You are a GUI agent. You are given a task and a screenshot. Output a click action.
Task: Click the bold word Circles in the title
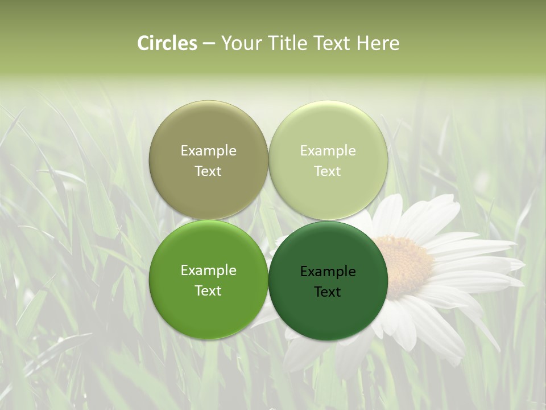coord(167,43)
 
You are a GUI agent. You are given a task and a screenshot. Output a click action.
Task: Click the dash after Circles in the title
coord(209,43)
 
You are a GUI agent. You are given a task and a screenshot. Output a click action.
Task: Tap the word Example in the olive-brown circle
coord(208,151)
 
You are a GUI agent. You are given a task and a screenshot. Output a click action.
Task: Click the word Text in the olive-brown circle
coord(208,171)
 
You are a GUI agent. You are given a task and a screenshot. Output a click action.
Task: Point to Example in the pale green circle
coord(328,151)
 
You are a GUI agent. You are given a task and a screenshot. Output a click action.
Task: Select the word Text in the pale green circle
coord(328,171)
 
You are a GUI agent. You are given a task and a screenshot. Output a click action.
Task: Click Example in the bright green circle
coord(208,270)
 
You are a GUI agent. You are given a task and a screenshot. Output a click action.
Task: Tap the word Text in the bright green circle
coord(208,291)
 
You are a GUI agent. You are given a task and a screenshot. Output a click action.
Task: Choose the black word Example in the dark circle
coord(328,272)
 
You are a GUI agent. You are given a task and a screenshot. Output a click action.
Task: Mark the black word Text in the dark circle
coord(328,292)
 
